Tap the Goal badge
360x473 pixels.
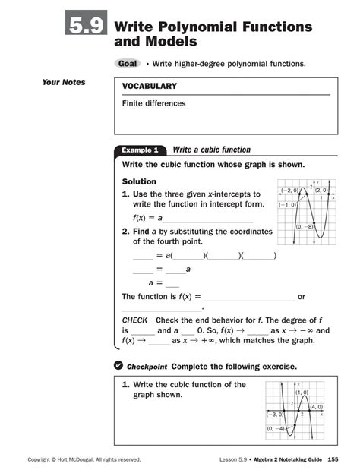(125, 64)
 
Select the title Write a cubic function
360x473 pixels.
(211, 150)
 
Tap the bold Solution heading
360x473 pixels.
(139, 182)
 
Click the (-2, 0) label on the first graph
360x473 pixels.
(289, 191)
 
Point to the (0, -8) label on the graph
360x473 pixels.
(303, 227)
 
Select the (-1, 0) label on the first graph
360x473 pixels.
(287, 205)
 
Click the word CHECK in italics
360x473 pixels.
(134, 320)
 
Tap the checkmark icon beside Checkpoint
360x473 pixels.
(118, 366)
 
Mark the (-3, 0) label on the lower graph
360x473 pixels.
(274, 415)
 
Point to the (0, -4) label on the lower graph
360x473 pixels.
(276, 429)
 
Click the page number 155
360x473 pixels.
(332, 459)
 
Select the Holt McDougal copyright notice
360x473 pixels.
(84, 459)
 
